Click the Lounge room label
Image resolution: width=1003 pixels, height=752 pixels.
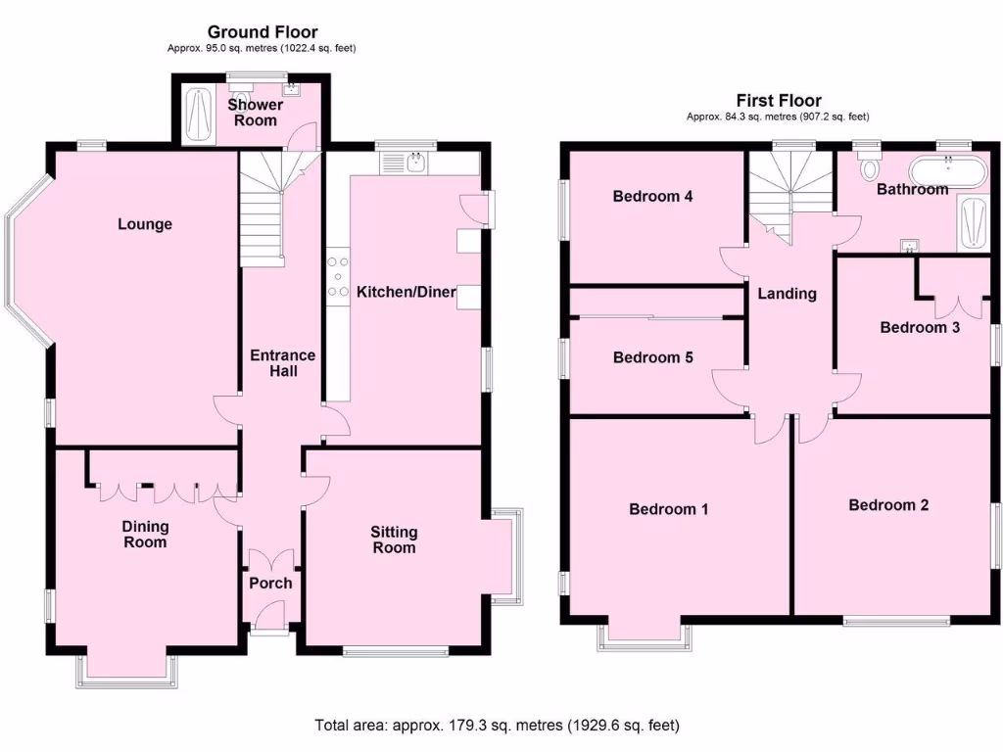[145, 224]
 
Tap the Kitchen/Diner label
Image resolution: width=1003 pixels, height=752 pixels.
[406, 292]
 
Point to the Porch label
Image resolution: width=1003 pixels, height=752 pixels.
[270, 583]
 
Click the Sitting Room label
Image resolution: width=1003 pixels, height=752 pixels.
[394, 540]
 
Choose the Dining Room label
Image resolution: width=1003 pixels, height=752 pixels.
[144, 534]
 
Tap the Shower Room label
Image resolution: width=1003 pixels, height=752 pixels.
[255, 113]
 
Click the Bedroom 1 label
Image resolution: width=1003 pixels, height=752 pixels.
[669, 509]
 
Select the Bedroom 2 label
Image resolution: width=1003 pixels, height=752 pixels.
[888, 505]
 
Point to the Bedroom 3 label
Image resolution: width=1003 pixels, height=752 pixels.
[919, 327]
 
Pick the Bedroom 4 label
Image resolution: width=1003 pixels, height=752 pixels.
[652, 196]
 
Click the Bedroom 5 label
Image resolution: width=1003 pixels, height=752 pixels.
[652, 357]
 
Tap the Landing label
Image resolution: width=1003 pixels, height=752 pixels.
[788, 293]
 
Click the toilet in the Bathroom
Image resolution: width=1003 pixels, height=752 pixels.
[868, 168]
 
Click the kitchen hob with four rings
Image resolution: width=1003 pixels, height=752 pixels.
[340, 276]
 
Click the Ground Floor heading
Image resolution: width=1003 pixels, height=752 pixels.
[263, 32]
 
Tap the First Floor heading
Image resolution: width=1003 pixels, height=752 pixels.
[779, 100]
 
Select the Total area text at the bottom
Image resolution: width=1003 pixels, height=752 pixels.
[497, 726]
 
